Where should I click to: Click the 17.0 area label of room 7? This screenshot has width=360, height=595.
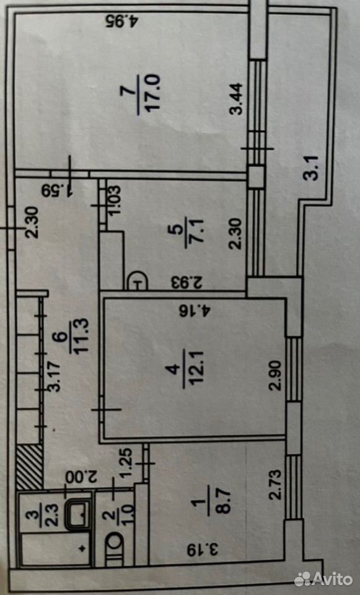click(155, 92)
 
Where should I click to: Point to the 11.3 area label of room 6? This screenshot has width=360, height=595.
click(82, 337)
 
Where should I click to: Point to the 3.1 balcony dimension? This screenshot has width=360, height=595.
click(312, 169)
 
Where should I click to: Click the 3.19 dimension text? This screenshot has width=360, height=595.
click(203, 550)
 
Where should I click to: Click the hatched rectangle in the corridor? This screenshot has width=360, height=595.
click(29, 467)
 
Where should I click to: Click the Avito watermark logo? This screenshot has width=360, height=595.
click(323, 579)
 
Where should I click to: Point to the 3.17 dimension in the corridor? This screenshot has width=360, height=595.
click(55, 376)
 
